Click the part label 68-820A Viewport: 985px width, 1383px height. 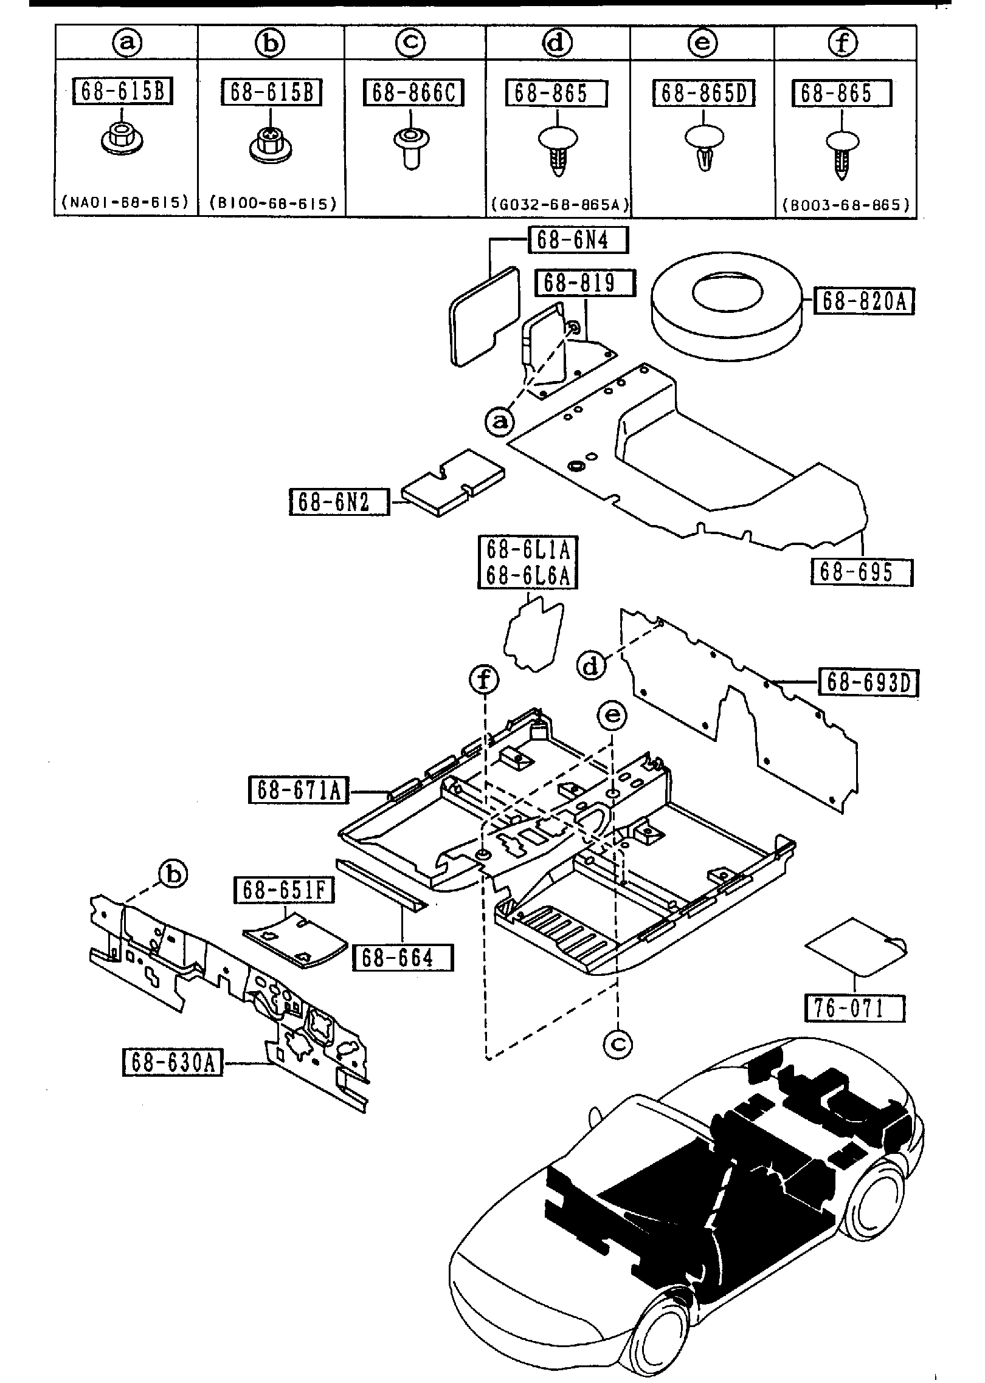click(x=864, y=301)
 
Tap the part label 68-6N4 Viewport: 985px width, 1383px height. click(x=578, y=240)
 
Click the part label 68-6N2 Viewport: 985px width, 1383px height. click(x=339, y=502)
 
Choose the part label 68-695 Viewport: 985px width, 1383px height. click(x=862, y=572)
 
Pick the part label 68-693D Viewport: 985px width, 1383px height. click(x=868, y=682)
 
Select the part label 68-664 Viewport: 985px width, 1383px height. click(x=403, y=958)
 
